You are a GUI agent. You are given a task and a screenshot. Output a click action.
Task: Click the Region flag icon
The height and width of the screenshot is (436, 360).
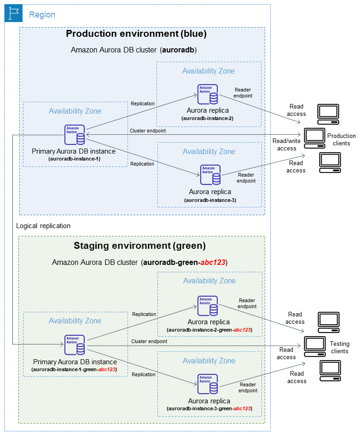(13, 14)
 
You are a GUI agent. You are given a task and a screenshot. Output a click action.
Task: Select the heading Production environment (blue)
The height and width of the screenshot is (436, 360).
(136, 34)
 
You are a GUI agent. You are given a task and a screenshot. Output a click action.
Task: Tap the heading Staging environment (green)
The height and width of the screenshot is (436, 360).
(139, 246)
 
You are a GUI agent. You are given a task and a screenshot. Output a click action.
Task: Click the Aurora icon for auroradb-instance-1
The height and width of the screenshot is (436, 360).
(75, 135)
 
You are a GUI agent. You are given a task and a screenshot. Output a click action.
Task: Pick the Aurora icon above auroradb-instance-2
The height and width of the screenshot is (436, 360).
(208, 94)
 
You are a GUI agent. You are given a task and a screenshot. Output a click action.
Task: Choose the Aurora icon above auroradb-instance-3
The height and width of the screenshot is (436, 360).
(210, 175)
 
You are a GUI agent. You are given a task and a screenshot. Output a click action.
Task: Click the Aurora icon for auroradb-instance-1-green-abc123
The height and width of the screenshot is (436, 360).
(75, 345)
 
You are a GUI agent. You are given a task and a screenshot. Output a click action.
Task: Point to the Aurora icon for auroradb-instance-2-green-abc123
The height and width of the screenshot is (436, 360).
(208, 306)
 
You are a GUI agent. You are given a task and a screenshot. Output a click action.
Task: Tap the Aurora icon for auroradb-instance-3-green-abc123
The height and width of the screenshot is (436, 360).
(208, 384)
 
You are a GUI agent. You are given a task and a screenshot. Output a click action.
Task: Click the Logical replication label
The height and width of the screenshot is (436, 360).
(43, 226)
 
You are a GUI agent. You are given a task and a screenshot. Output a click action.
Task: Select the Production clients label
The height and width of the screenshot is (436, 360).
(341, 139)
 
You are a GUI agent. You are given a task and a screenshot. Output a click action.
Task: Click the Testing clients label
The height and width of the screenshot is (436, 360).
(339, 348)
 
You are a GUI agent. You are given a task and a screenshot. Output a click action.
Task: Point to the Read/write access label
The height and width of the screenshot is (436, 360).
(287, 145)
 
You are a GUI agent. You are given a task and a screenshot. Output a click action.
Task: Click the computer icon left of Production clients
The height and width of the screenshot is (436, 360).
(315, 136)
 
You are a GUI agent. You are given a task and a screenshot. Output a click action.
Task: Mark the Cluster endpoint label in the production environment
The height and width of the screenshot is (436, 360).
(148, 131)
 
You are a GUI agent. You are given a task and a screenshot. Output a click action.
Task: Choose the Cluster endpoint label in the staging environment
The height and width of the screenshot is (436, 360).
(149, 341)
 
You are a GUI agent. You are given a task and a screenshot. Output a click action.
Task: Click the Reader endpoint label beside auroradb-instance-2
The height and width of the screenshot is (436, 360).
(243, 93)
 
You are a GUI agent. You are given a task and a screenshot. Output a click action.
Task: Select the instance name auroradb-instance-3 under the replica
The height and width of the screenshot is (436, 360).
(210, 200)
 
